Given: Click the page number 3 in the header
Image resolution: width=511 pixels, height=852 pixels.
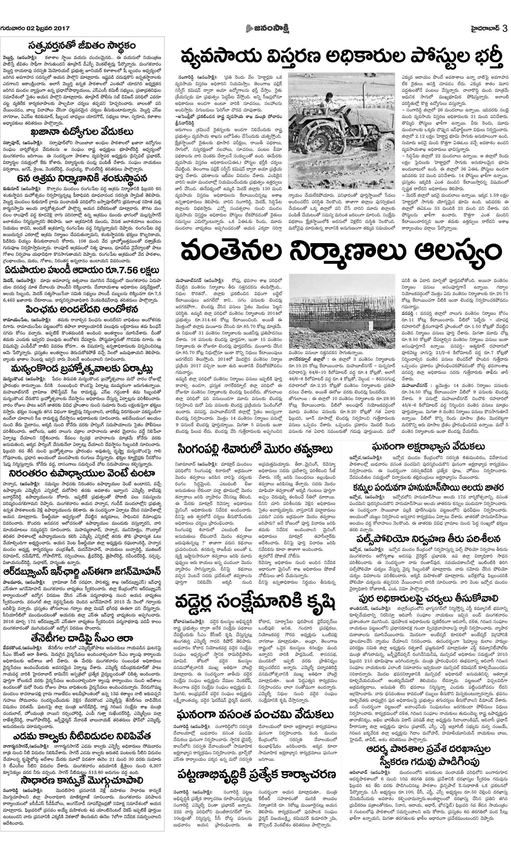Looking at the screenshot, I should point(505,28).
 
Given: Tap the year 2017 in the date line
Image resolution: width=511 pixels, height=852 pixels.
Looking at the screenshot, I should point(62,29).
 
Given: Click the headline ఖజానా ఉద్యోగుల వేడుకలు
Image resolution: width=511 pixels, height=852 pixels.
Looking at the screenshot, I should point(82,132).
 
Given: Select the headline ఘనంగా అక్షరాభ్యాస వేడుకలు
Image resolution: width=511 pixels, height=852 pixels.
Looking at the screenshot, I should point(428,447).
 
